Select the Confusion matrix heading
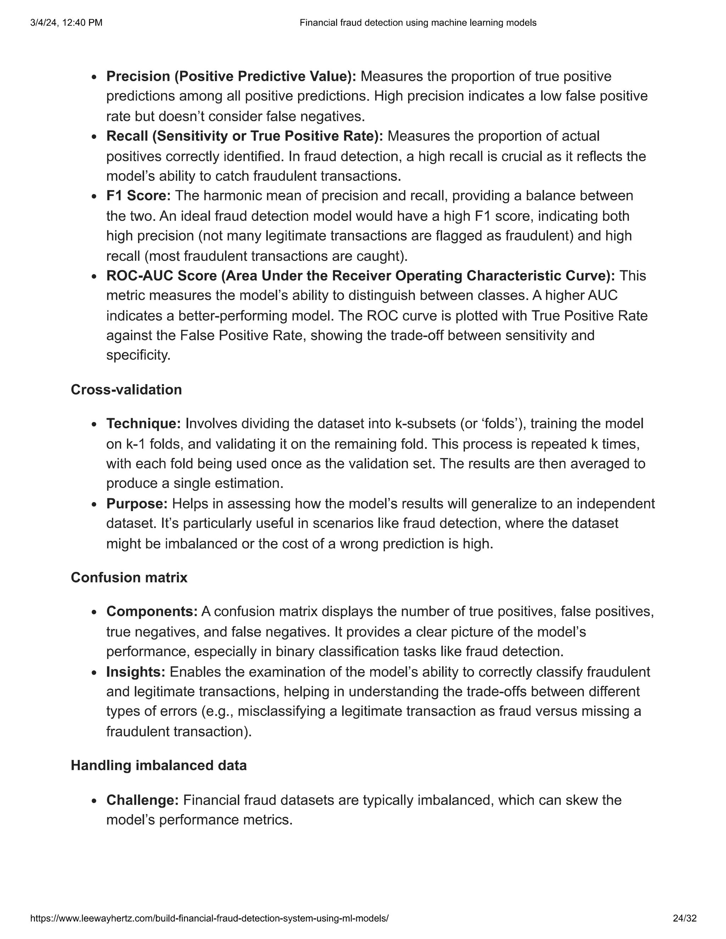(x=129, y=578)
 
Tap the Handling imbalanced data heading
(x=159, y=765)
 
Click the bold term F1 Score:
(x=139, y=196)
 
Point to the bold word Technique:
(x=144, y=423)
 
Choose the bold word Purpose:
(x=137, y=504)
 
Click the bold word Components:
(x=152, y=611)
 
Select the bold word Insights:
(x=135, y=671)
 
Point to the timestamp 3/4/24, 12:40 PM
(x=66, y=23)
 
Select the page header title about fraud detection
(x=418, y=23)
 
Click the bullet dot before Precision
(x=94, y=77)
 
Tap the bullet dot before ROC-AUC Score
(x=94, y=277)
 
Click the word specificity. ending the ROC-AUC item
(x=138, y=355)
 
